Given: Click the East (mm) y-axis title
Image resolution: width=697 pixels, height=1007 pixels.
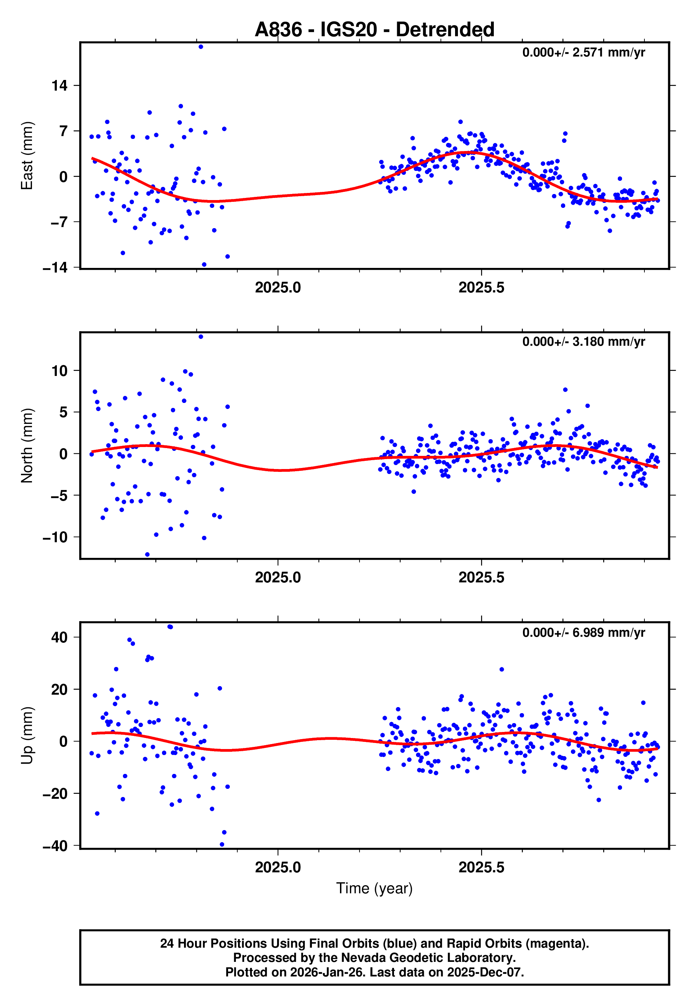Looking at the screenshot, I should tap(27, 156).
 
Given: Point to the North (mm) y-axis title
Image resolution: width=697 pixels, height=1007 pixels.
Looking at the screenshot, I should tap(27, 446).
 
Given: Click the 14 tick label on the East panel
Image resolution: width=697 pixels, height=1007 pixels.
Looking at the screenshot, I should tap(59, 86).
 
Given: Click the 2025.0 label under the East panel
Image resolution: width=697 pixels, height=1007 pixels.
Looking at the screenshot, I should tap(278, 288).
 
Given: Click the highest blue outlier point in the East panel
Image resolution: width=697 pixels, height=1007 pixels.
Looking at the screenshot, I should tap(200, 47).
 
